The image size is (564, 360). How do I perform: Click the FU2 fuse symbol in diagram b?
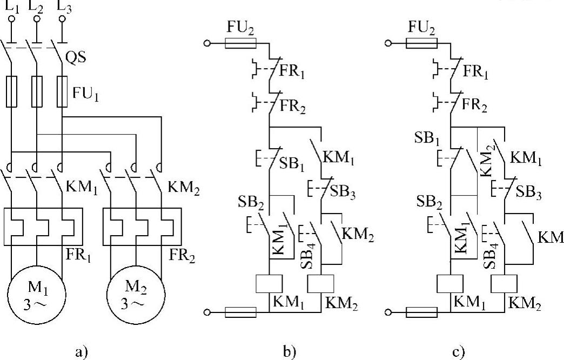(240, 43)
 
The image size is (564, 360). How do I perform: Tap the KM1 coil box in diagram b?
(268, 284)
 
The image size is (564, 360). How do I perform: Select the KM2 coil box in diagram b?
(321, 284)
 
